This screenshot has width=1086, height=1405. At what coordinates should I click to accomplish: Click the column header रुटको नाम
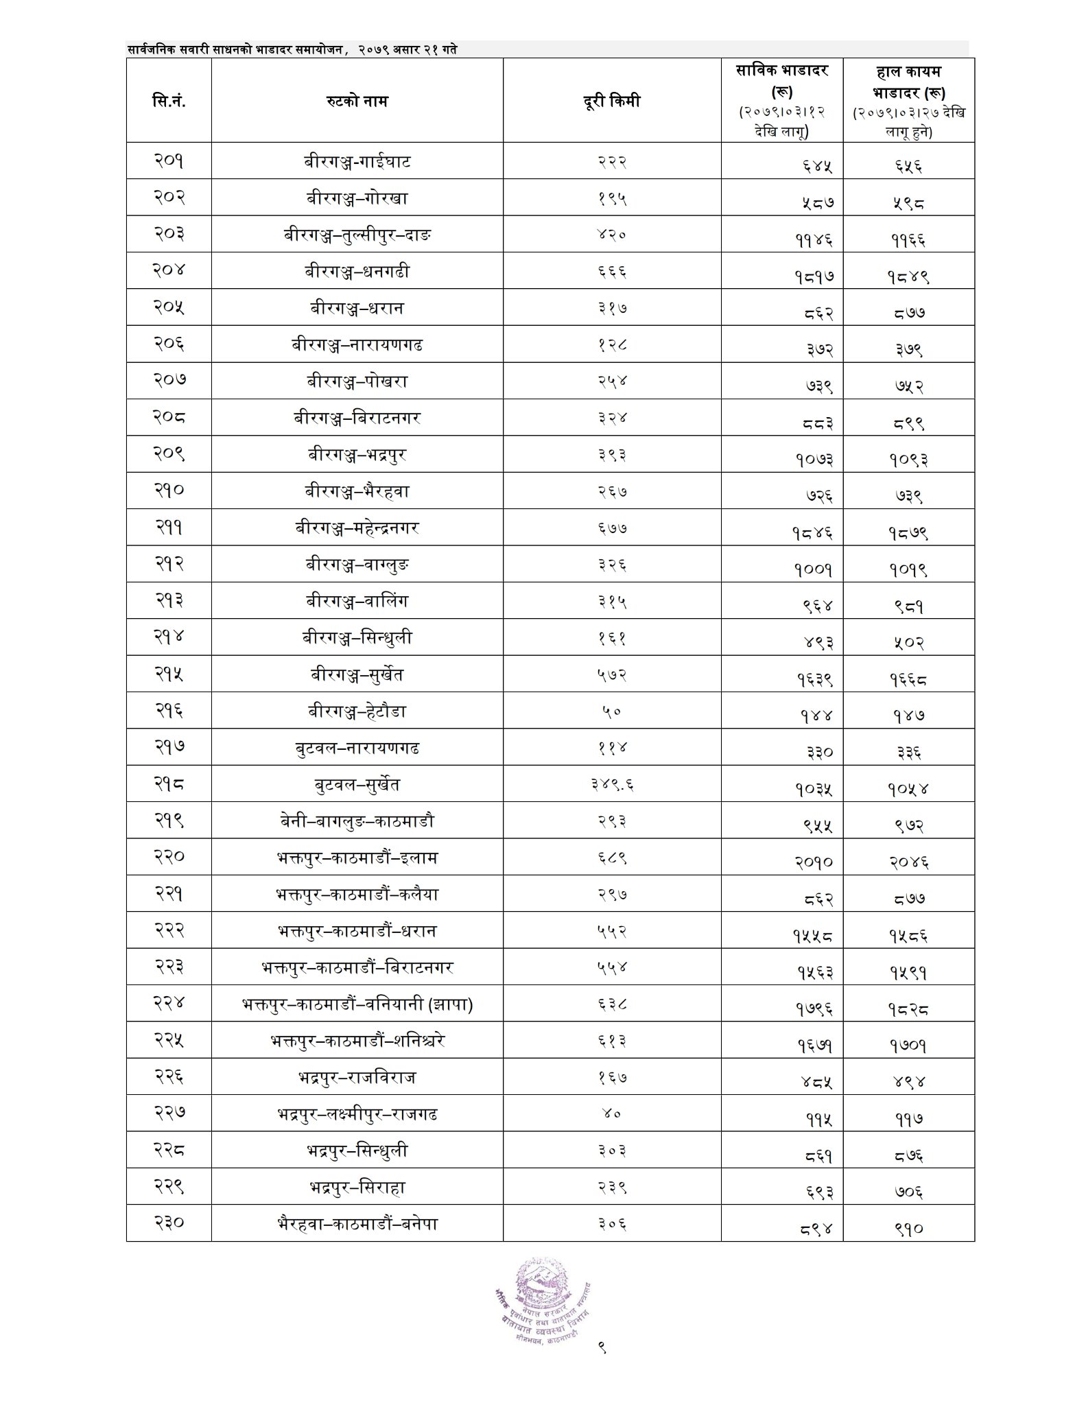pos(357,101)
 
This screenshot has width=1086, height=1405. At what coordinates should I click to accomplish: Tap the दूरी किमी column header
pos(611,101)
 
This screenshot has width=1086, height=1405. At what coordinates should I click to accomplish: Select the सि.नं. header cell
pos(169,101)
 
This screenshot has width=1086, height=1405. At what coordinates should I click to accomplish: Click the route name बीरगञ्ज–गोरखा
pos(357,198)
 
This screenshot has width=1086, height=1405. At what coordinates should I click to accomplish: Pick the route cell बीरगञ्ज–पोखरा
pos(357,381)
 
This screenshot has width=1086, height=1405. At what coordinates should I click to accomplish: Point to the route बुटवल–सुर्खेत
pos(357,784)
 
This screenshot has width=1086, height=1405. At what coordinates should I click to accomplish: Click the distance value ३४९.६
pos(611,784)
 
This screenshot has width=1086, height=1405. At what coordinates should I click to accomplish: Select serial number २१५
pos(169,674)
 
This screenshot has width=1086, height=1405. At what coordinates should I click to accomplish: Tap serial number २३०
pos(169,1224)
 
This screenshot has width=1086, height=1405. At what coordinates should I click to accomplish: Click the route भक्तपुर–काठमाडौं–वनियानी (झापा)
pos(357,1004)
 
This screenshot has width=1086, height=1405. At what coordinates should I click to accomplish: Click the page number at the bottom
pos(602,1349)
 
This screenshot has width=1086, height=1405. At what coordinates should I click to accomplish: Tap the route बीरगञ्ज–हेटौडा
pos(357,711)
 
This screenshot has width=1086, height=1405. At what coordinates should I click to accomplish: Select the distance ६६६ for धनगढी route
pos(611,272)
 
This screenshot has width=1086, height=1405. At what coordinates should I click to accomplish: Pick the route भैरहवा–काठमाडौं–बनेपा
pos(357,1224)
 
